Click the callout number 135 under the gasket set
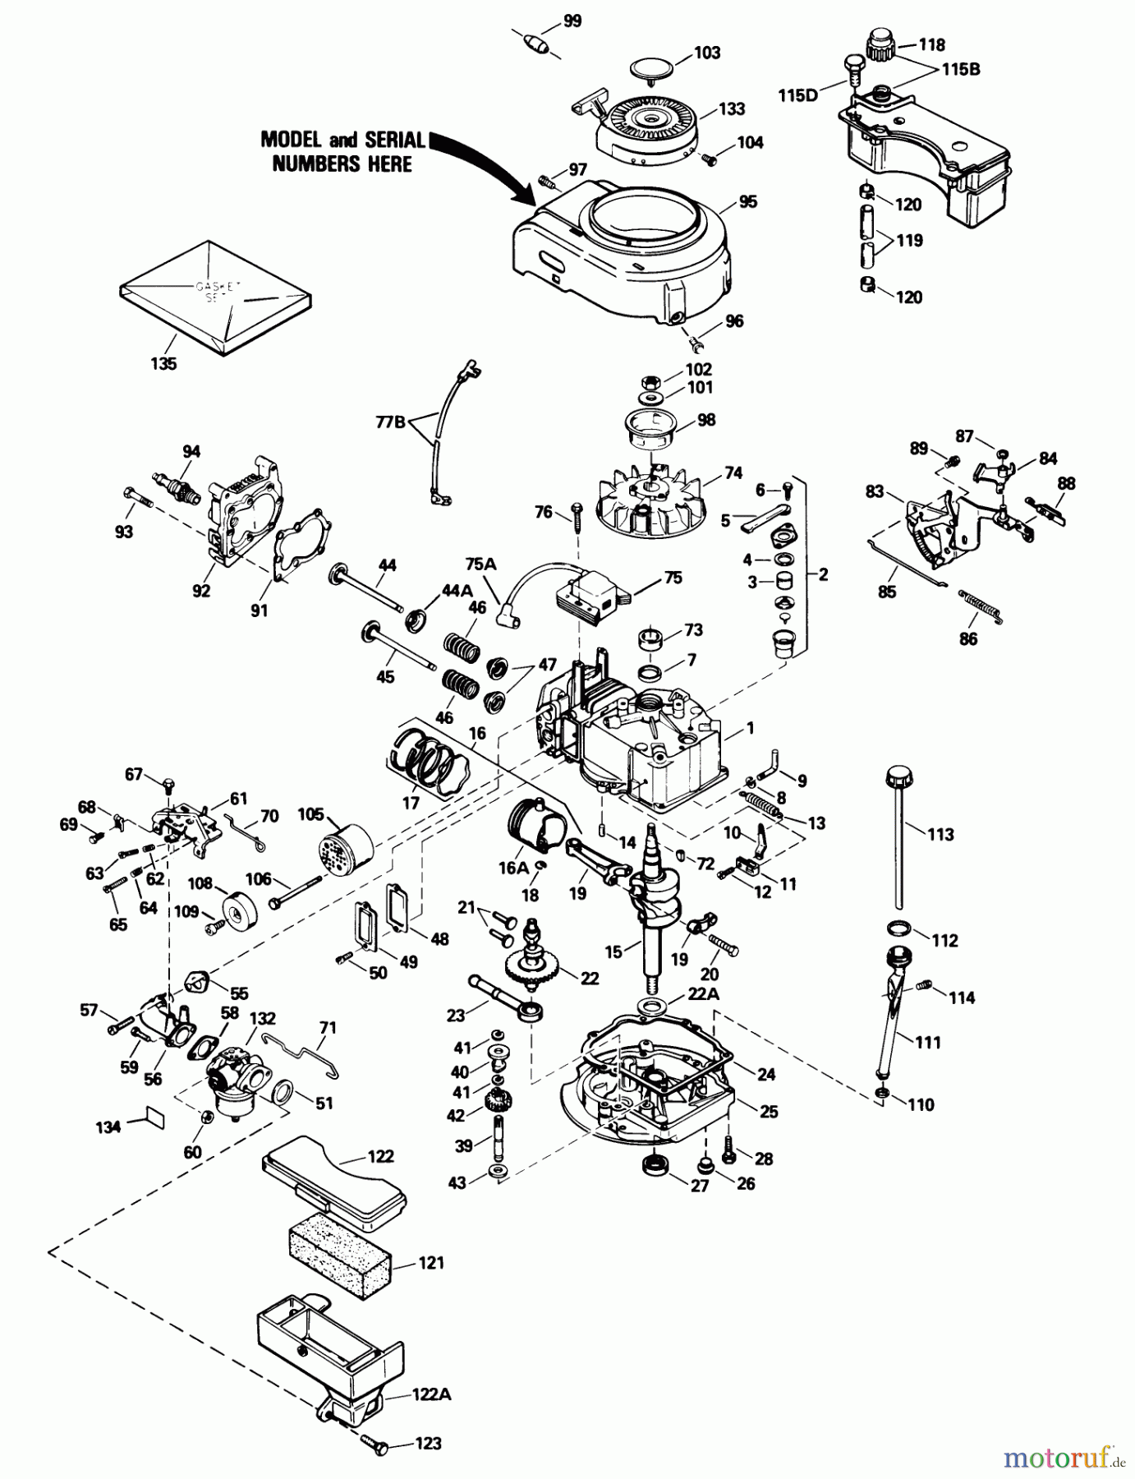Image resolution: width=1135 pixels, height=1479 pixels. click(x=163, y=362)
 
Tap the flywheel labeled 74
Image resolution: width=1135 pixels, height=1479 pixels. click(x=656, y=500)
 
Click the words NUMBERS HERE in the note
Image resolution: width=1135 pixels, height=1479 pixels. click(x=342, y=164)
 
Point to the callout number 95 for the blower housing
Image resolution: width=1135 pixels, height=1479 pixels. click(x=747, y=202)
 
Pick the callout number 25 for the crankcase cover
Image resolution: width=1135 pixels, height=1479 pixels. click(x=769, y=1112)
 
